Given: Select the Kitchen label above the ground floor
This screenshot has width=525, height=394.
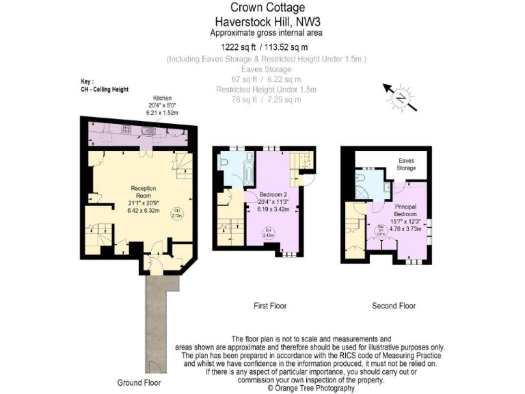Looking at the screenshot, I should point(163,98).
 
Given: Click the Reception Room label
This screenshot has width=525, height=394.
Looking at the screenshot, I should point(144,192).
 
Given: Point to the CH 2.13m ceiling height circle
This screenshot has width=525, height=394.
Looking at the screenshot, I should point(176,213).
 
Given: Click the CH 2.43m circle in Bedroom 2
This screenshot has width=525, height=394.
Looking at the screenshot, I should point(269,233).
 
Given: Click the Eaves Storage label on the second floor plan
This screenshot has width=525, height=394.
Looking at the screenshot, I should point(407,164).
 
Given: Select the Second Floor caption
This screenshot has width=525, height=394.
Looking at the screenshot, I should point(394,306).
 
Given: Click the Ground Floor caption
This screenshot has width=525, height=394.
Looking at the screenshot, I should point(139,382).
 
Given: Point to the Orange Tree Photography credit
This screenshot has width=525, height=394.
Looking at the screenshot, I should point(311,388).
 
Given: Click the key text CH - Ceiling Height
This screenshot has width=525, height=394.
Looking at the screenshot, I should point(105,89).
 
